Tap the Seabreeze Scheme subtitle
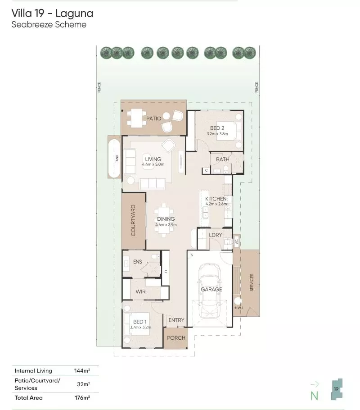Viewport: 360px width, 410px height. pyautogui.click(x=49, y=25)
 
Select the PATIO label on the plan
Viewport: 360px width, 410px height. pyautogui.click(x=153, y=118)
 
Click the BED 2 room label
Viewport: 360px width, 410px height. pyautogui.click(x=217, y=128)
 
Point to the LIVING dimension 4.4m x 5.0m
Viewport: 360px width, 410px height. pyautogui.click(x=153, y=165)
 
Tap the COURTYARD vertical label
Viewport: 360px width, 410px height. pyautogui.click(x=133, y=220)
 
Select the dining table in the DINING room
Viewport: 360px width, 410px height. pyautogui.click(x=166, y=220)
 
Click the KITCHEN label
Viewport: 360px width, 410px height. pyautogui.click(x=216, y=199)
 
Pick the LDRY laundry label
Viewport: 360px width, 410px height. pyautogui.click(x=216, y=235)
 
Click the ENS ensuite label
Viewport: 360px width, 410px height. pyautogui.click(x=138, y=262)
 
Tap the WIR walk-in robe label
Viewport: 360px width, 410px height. pyautogui.click(x=140, y=292)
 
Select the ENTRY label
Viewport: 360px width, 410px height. pyautogui.click(x=176, y=320)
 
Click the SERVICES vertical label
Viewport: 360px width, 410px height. pyautogui.click(x=252, y=282)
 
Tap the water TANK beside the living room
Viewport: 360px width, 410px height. pyautogui.click(x=113, y=159)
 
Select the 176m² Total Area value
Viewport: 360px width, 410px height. pyautogui.click(x=82, y=398)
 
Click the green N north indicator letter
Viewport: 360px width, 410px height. pyautogui.click(x=314, y=396)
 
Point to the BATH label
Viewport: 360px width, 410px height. pyautogui.click(x=222, y=159)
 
